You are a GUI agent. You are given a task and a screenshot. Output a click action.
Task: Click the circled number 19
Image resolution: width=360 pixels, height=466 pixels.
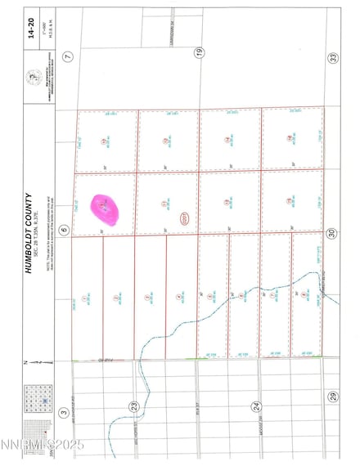[x=198, y=53]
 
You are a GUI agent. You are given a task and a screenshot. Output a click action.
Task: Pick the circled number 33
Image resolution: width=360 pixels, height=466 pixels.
[x=332, y=56]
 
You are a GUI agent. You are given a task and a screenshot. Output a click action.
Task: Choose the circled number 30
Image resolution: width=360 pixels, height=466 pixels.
[x=332, y=234]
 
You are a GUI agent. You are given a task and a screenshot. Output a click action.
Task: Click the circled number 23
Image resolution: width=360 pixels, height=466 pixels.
[x=133, y=406]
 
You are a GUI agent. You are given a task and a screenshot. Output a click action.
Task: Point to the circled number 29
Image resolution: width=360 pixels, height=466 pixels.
[x=332, y=397]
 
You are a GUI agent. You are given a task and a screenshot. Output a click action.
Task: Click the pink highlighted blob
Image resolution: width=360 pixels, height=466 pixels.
[x=105, y=211]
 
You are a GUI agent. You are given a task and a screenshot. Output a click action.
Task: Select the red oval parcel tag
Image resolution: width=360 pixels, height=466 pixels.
[x=184, y=218]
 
